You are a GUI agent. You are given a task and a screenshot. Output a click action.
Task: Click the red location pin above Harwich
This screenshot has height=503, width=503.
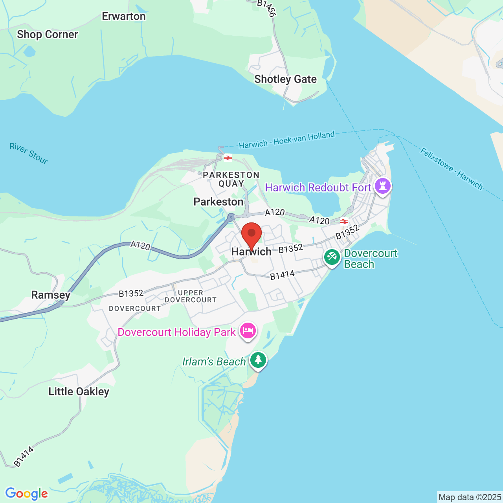251,234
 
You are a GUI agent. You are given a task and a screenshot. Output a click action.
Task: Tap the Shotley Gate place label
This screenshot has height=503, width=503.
285,79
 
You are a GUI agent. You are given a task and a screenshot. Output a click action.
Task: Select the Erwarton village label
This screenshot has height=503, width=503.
124,17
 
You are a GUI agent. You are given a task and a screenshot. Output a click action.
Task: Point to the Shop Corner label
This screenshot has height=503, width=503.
48,35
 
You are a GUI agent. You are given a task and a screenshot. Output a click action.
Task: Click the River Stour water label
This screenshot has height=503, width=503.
29,153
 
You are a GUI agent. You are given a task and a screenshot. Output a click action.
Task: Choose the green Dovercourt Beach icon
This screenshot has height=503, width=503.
332,258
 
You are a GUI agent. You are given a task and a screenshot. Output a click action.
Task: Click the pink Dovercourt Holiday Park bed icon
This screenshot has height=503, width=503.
248,331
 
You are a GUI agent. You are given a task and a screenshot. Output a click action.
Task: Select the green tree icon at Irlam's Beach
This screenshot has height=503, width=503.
258,360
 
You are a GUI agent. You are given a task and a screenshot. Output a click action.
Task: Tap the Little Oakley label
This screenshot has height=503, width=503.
79,392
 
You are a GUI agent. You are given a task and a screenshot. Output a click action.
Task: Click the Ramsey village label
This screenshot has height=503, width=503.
51,295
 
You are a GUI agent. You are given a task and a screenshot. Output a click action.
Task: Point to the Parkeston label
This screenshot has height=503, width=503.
218,202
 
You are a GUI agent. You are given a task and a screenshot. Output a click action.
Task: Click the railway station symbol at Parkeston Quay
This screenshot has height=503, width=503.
228,158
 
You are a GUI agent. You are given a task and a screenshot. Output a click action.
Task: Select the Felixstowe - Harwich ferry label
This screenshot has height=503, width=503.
451,169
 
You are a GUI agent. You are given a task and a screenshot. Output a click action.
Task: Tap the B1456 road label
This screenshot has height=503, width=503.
266,8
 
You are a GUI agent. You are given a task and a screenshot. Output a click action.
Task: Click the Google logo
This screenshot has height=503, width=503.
27,494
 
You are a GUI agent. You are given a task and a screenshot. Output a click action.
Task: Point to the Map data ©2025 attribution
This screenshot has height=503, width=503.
470,497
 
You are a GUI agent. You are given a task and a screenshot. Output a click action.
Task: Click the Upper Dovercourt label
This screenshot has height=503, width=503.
191,296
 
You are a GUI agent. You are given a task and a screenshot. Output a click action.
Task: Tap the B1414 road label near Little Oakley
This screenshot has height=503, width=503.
24,457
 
